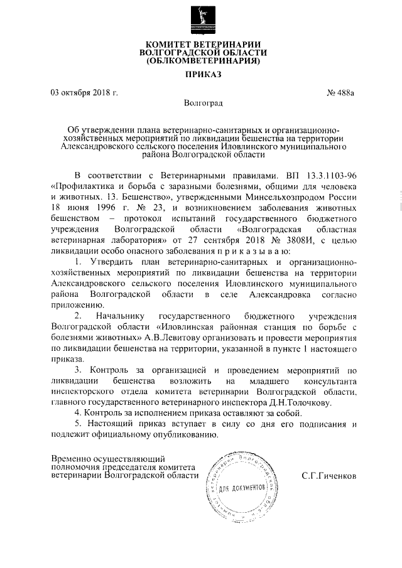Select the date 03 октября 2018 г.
click(84, 93)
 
